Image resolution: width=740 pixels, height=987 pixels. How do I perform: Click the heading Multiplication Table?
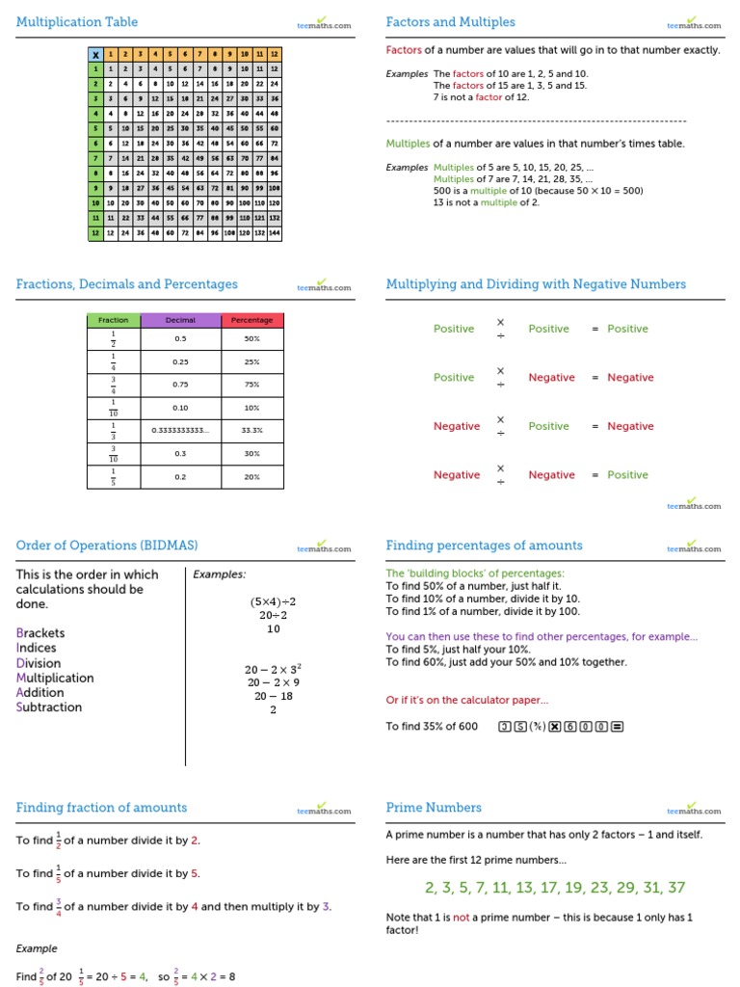77,22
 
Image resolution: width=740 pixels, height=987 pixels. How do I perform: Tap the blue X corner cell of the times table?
95,55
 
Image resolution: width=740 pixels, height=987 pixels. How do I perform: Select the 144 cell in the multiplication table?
274,233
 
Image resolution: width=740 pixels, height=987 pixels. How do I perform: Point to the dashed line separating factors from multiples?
536,120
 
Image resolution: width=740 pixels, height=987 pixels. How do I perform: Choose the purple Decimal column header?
180,320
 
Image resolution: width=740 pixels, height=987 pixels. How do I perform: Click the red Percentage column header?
251,320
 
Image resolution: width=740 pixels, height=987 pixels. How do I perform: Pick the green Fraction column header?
114,320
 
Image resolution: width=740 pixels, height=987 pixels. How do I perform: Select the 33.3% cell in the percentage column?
251,431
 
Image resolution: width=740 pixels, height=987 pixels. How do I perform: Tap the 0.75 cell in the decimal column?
180,384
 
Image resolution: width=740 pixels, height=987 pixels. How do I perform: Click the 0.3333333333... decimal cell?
180,431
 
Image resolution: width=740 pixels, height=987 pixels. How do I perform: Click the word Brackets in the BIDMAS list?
42,633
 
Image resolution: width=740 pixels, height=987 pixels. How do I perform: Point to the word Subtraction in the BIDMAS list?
49,707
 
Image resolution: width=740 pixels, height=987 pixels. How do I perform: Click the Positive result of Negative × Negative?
627,475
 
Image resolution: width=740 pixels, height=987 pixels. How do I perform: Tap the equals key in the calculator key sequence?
618,727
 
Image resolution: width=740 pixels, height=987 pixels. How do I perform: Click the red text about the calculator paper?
467,701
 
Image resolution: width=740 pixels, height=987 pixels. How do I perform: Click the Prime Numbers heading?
434,808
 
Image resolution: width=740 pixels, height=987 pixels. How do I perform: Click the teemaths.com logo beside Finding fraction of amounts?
325,811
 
